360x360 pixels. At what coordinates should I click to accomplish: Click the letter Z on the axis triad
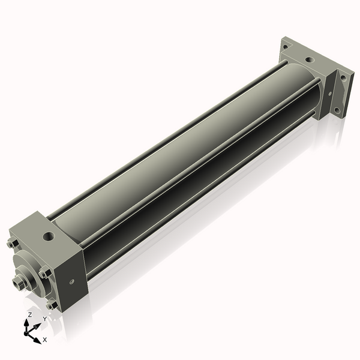pos(29,314)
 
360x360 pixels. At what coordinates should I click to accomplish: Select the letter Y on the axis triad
pos(44,319)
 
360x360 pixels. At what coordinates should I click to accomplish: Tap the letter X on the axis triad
pos(44,340)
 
